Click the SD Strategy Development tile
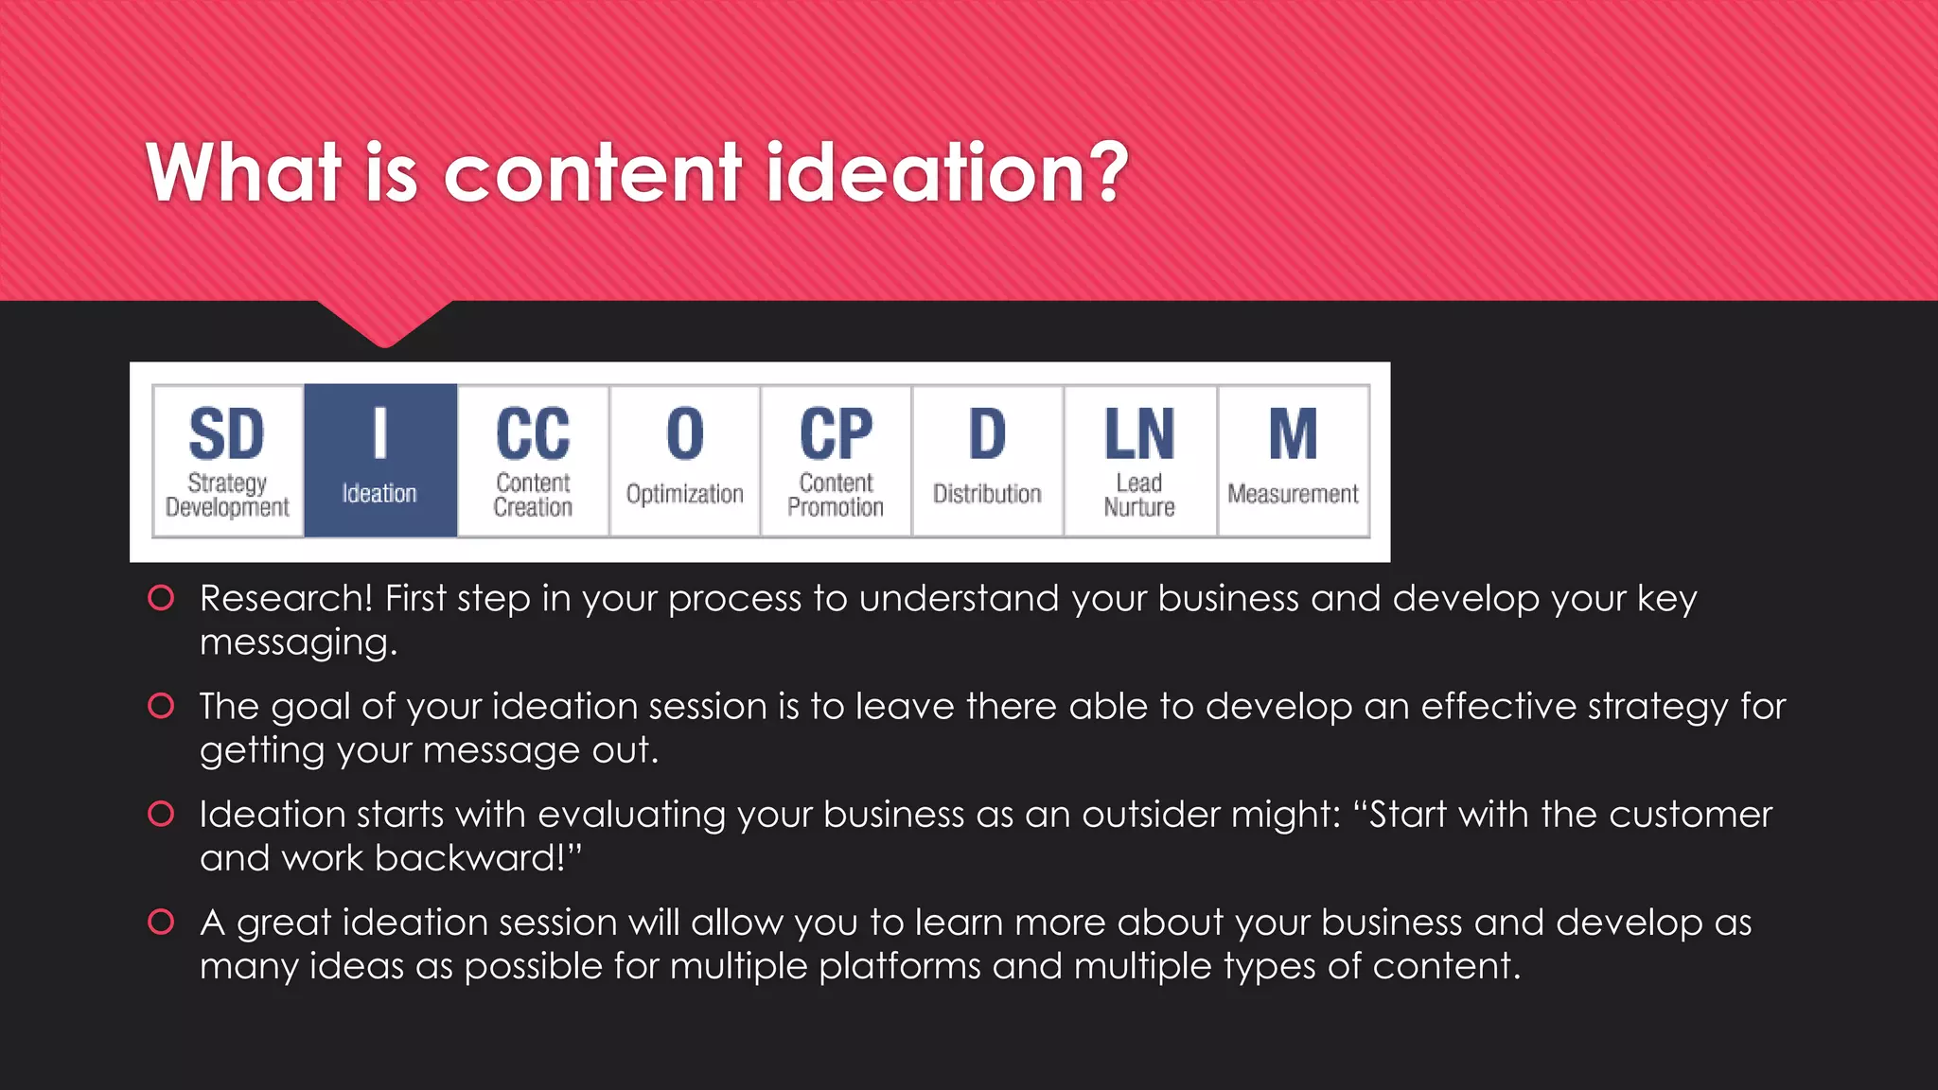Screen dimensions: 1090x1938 click(227, 461)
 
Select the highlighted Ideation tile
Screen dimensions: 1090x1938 click(379, 461)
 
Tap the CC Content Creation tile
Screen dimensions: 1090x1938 click(533, 461)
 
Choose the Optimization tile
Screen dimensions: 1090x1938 click(684, 461)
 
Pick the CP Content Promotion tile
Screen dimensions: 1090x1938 click(836, 461)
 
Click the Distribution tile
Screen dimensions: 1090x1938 click(987, 461)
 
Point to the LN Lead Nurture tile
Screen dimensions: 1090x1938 click(1139, 461)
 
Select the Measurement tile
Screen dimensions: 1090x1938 click(1293, 461)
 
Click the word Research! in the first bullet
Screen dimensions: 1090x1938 click(286, 598)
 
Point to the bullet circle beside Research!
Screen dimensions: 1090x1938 click(161, 598)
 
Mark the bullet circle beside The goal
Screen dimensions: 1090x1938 click(161, 706)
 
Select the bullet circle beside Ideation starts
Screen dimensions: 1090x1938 click(161, 814)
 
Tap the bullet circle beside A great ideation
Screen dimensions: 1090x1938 click(161, 922)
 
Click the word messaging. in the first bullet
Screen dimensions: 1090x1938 click(298, 643)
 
